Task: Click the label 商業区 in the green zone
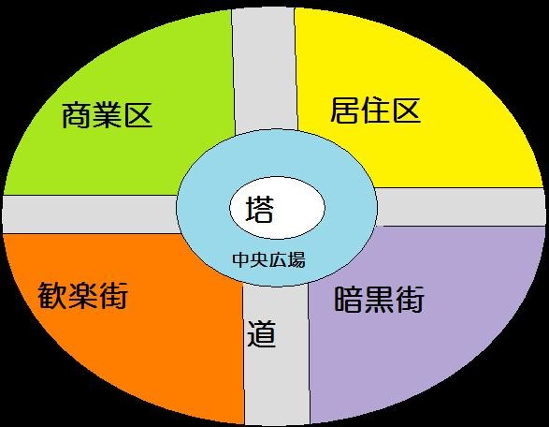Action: (x=107, y=115)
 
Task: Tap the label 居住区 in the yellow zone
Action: (x=375, y=110)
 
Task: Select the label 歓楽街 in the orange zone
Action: (x=82, y=296)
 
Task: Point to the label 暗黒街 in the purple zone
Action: (x=379, y=299)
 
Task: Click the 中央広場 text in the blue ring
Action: (x=268, y=260)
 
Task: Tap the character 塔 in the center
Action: (x=259, y=209)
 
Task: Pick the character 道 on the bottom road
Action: (x=262, y=333)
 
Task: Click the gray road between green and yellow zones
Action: (x=265, y=70)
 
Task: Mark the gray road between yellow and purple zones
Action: (x=459, y=207)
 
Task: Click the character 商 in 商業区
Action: (x=77, y=115)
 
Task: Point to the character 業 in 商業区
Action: (x=107, y=115)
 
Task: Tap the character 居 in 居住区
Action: (x=345, y=110)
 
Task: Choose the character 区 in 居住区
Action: (x=406, y=110)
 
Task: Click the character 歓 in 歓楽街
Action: (x=52, y=296)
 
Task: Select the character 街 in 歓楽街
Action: (x=113, y=296)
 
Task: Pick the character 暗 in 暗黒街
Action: (x=348, y=300)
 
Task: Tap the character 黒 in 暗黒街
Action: (x=379, y=300)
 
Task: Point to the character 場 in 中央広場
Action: (x=296, y=260)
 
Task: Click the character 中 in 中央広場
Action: (x=241, y=260)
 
